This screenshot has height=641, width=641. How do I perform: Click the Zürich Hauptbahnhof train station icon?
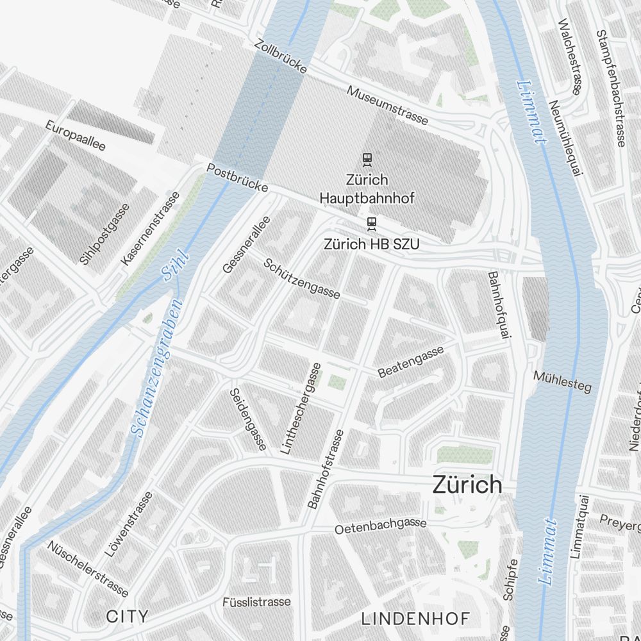pyautogui.click(x=367, y=158)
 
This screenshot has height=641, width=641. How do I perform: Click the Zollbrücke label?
pyautogui.click(x=281, y=56)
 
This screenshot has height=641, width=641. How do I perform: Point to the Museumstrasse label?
pyautogui.click(x=387, y=105)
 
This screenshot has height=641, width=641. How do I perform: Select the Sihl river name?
pyautogui.click(x=176, y=265)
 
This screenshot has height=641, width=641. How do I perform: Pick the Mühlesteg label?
pyautogui.click(x=562, y=381)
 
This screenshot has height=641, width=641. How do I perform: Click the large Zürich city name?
pyautogui.click(x=467, y=485)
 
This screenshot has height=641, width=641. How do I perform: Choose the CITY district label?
pyautogui.click(x=127, y=617)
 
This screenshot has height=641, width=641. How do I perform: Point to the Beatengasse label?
pyautogui.click(x=411, y=362)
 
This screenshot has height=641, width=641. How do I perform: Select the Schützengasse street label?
pyautogui.click(x=301, y=278)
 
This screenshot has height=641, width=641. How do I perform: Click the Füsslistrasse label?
pyautogui.click(x=256, y=602)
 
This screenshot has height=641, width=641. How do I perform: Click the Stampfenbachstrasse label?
pyautogui.click(x=610, y=88)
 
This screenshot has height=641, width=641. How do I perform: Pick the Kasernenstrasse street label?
pyautogui.click(x=150, y=229)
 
